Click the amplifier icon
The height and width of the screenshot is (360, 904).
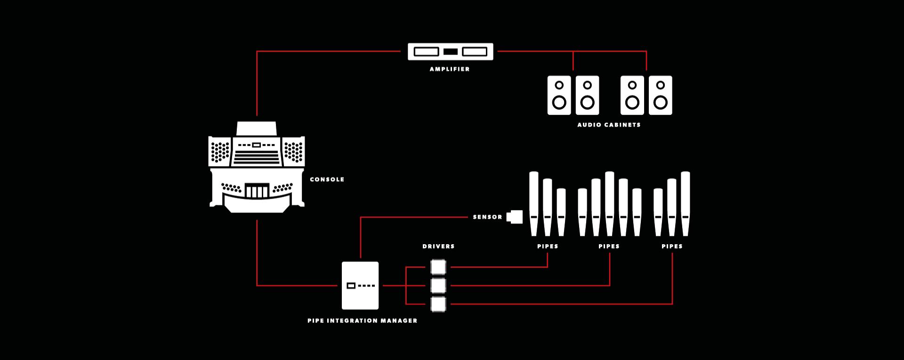450,52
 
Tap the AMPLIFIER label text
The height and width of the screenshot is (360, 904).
450,69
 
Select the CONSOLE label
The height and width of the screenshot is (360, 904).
327,179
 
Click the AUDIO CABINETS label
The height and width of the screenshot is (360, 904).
609,125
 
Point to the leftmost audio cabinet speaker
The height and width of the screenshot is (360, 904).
559,95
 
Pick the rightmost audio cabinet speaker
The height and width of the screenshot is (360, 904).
661,95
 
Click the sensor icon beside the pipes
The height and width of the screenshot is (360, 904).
515,216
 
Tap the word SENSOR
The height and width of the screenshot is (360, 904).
487,217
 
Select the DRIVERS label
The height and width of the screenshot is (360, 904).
438,246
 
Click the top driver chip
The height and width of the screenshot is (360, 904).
438,267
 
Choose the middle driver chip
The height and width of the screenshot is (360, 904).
438,286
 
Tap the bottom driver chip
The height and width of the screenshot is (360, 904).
438,304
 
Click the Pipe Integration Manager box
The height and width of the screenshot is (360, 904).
360,286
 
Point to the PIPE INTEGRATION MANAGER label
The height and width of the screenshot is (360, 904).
363,320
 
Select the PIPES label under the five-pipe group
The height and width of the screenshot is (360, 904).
609,246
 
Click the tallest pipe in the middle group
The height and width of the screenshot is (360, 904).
610,203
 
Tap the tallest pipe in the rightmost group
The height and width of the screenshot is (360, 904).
686,203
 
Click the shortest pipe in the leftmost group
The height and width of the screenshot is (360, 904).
561,212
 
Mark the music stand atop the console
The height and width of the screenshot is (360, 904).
257,128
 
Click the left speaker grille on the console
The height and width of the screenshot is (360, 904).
220,151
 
